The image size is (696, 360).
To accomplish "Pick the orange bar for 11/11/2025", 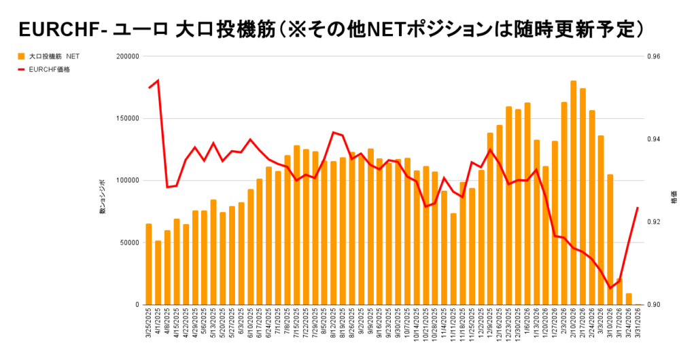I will coord(453,259).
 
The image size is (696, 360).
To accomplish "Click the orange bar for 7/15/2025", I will coord(296,225).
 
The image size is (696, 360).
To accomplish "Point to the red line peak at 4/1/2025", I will coord(158,80).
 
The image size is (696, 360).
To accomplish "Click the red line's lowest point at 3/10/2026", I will coord(610,288).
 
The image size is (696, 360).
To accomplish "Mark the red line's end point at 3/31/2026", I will coord(638,208).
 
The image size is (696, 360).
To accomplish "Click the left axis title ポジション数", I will coord(103,196).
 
